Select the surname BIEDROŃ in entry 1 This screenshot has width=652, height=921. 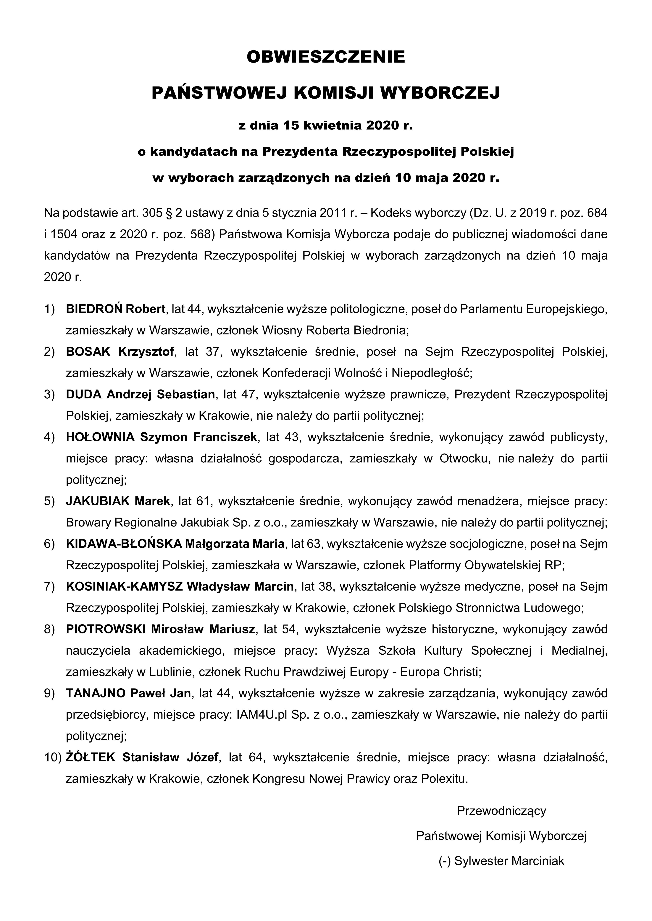point(95,309)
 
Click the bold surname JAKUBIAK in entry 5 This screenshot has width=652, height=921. point(98,501)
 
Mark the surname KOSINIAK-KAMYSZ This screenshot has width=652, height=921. point(124,586)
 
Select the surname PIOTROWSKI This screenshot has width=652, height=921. point(106,629)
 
